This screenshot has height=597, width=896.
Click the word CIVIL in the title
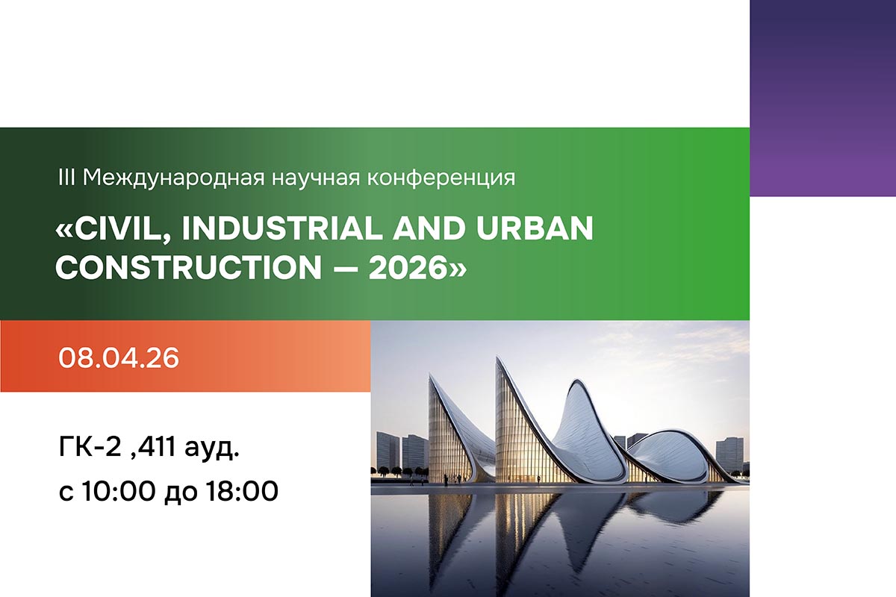tap(124, 229)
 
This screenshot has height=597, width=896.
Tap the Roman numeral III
tap(66, 178)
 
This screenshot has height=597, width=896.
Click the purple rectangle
tap(822, 97)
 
